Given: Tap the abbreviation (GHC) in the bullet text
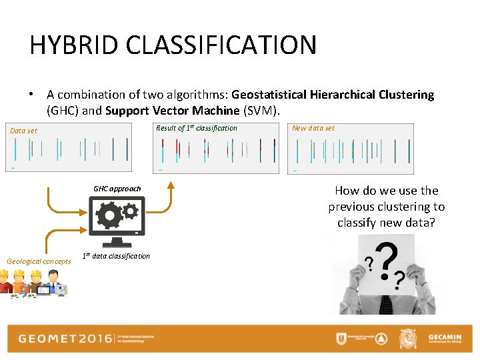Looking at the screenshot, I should (63, 110).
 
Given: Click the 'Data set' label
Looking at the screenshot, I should (24, 131).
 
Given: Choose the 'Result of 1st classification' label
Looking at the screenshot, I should (196, 128).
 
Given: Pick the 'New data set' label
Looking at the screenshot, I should (313, 128).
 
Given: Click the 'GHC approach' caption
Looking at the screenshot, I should (117, 189).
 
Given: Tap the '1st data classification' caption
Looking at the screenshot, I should (116, 256).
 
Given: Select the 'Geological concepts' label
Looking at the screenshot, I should (39, 261).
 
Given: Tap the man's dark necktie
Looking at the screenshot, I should (385, 303).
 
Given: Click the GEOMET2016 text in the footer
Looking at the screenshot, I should (65, 338).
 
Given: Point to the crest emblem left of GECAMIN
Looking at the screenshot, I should (408, 339).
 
